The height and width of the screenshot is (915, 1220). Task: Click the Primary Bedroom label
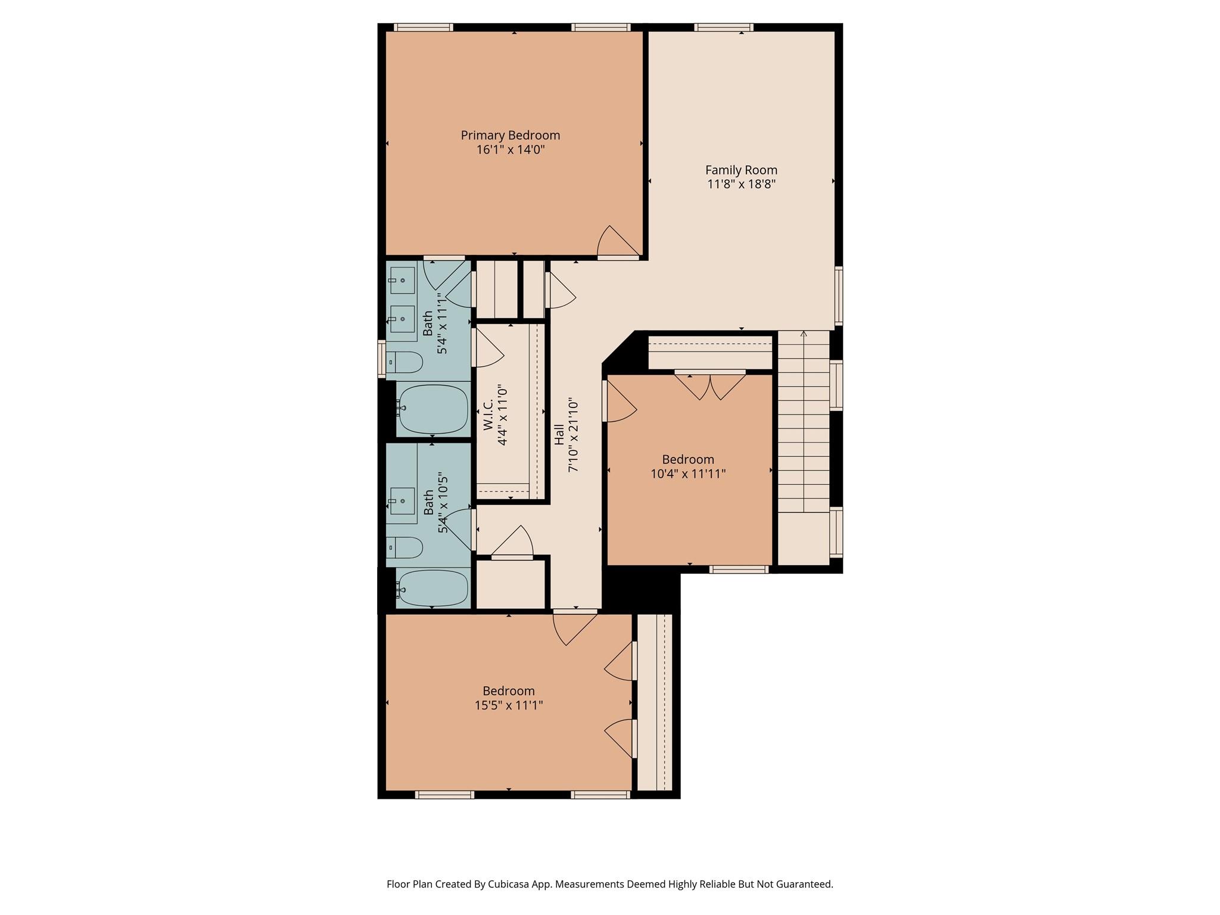coord(510,135)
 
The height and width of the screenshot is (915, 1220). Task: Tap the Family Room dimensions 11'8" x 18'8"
coord(741,184)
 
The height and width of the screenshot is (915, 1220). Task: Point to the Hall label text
coord(559,434)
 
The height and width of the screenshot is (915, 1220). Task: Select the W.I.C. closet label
coord(488,415)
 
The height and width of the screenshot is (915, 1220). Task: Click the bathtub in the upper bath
coord(433,409)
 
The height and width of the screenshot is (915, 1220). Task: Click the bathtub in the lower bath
coord(433,588)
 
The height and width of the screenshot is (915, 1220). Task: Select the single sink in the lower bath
coord(402,501)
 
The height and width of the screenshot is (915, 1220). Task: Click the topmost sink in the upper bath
coord(402,280)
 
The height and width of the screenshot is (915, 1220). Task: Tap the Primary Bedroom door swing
coord(617,243)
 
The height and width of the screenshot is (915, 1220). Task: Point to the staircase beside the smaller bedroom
coord(804,423)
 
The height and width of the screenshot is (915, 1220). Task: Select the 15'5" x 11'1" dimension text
coord(508,705)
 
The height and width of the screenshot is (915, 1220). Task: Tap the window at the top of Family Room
coord(724,27)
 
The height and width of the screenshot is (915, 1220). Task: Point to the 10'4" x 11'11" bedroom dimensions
coord(688,474)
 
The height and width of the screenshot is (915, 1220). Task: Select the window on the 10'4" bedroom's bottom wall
coord(739,569)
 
